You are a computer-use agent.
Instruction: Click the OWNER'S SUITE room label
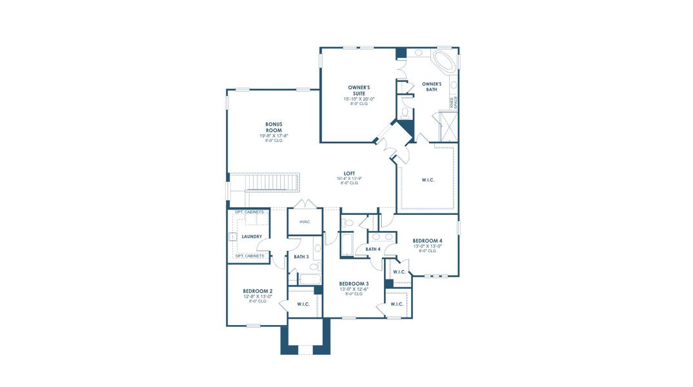(359, 90)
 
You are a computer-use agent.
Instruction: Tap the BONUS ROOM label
(274, 127)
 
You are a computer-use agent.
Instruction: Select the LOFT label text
(349, 174)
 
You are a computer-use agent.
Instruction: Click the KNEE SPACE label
(454, 100)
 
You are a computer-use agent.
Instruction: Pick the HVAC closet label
(305, 222)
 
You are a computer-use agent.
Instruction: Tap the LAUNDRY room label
(252, 236)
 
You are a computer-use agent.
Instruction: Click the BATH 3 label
(301, 257)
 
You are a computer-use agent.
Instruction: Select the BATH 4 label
(373, 249)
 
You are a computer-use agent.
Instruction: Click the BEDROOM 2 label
(257, 291)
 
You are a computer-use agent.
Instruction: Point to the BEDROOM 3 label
(354, 284)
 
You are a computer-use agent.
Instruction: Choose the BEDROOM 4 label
(427, 241)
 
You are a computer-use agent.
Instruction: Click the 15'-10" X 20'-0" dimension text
(359, 99)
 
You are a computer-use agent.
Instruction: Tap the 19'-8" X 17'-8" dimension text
(274, 135)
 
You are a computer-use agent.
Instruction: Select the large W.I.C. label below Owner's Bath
(427, 179)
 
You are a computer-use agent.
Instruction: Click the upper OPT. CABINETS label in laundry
(249, 212)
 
